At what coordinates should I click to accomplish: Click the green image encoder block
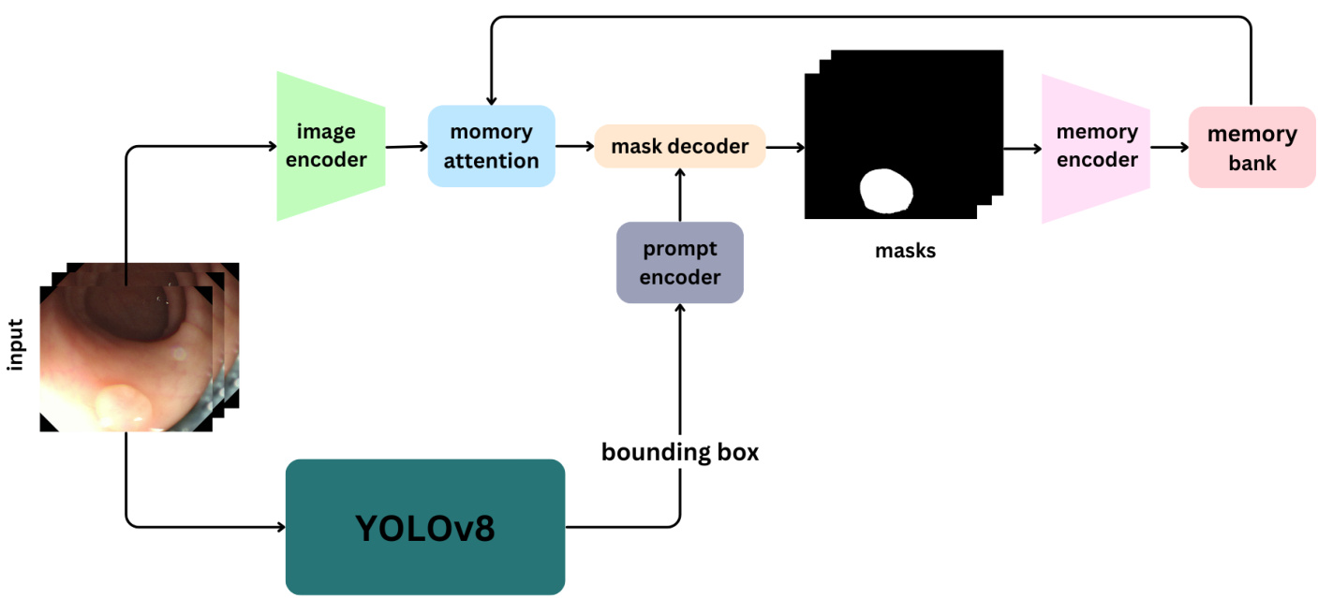pyautogui.click(x=330, y=146)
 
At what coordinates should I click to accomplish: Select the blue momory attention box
pyautogui.click(x=491, y=146)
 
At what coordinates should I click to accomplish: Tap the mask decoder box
pyautogui.click(x=679, y=146)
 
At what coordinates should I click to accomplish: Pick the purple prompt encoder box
pyautogui.click(x=679, y=263)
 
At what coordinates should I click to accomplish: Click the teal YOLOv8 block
pyautogui.click(x=424, y=528)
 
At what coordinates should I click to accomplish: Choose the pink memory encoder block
pyautogui.click(x=1095, y=148)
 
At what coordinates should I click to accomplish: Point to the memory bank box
pyautogui.click(x=1251, y=148)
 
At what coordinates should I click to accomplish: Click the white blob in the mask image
pyautogui.click(x=886, y=191)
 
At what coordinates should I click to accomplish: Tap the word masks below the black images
pyautogui.click(x=905, y=251)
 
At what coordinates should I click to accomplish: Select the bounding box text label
pyautogui.click(x=679, y=453)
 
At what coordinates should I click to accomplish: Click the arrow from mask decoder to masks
pyautogui.click(x=785, y=147)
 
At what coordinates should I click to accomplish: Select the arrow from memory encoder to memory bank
pyautogui.click(x=1169, y=147)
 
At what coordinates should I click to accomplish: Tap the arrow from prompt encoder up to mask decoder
pyautogui.click(x=679, y=195)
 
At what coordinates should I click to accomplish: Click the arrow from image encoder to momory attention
pyautogui.click(x=407, y=146)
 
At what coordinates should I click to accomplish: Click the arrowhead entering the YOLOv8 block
pyautogui.click(x=279, y=527)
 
